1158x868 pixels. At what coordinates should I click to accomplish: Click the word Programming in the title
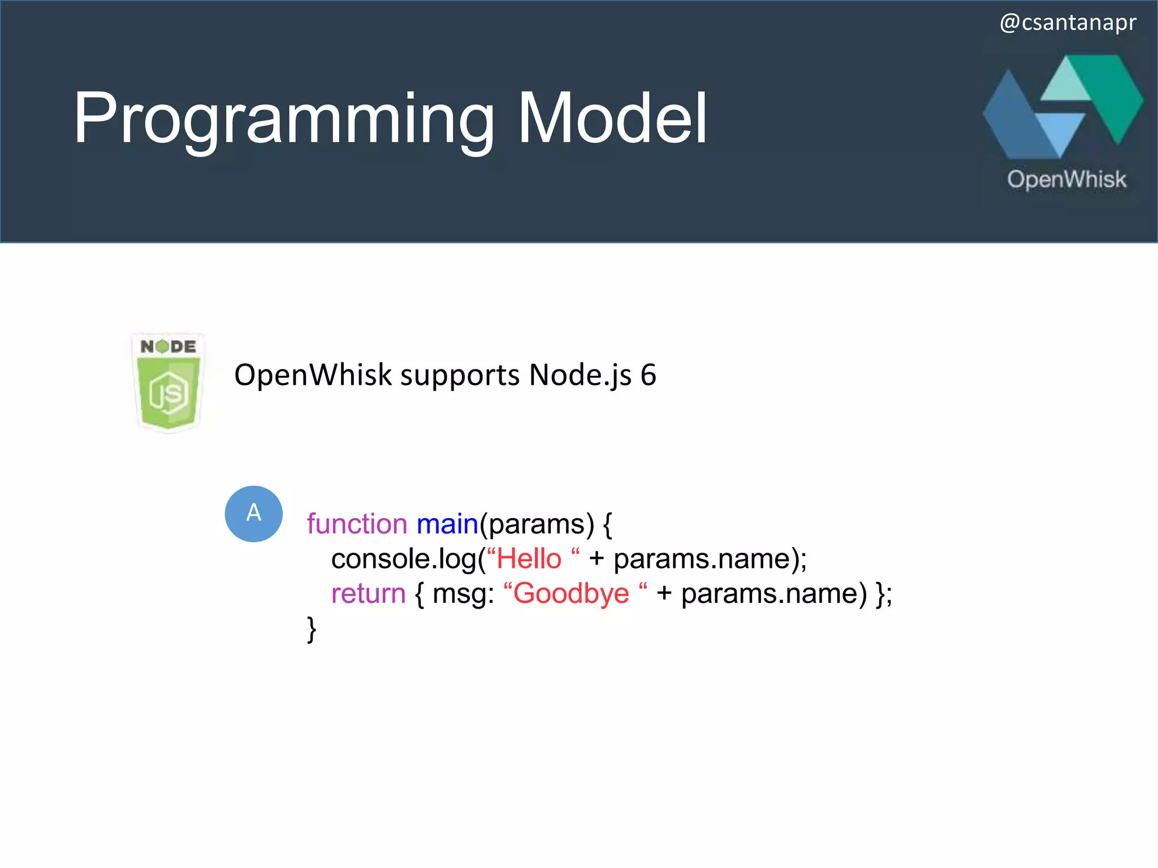(x=283, y=119)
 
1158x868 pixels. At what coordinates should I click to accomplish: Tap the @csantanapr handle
(x=1068, y=23)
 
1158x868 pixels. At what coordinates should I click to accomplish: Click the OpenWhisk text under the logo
(x=1066, y=180)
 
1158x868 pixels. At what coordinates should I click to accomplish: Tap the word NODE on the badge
(x=168, y=346)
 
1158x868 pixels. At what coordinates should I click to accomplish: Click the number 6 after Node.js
(x=648, y=375)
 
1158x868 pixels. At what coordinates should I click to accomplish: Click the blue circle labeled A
(x=254, y=514)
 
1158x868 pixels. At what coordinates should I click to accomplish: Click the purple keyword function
(x=357, y=524)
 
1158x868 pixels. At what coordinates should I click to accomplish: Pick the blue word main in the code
(x=447, y=524)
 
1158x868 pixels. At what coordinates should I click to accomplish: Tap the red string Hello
(x=529, y=559)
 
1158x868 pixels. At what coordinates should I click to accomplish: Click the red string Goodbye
(x=571, y=594)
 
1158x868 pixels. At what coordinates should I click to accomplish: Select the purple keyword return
(x=368, y=594)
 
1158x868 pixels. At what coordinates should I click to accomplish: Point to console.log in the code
(x=404, y=559)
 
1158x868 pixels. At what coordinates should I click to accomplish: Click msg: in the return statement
(x=463, y=594)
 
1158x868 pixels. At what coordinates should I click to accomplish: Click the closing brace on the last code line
(x=311, y=629)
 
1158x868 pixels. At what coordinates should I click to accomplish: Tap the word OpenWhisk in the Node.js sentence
(x=313, y=375)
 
